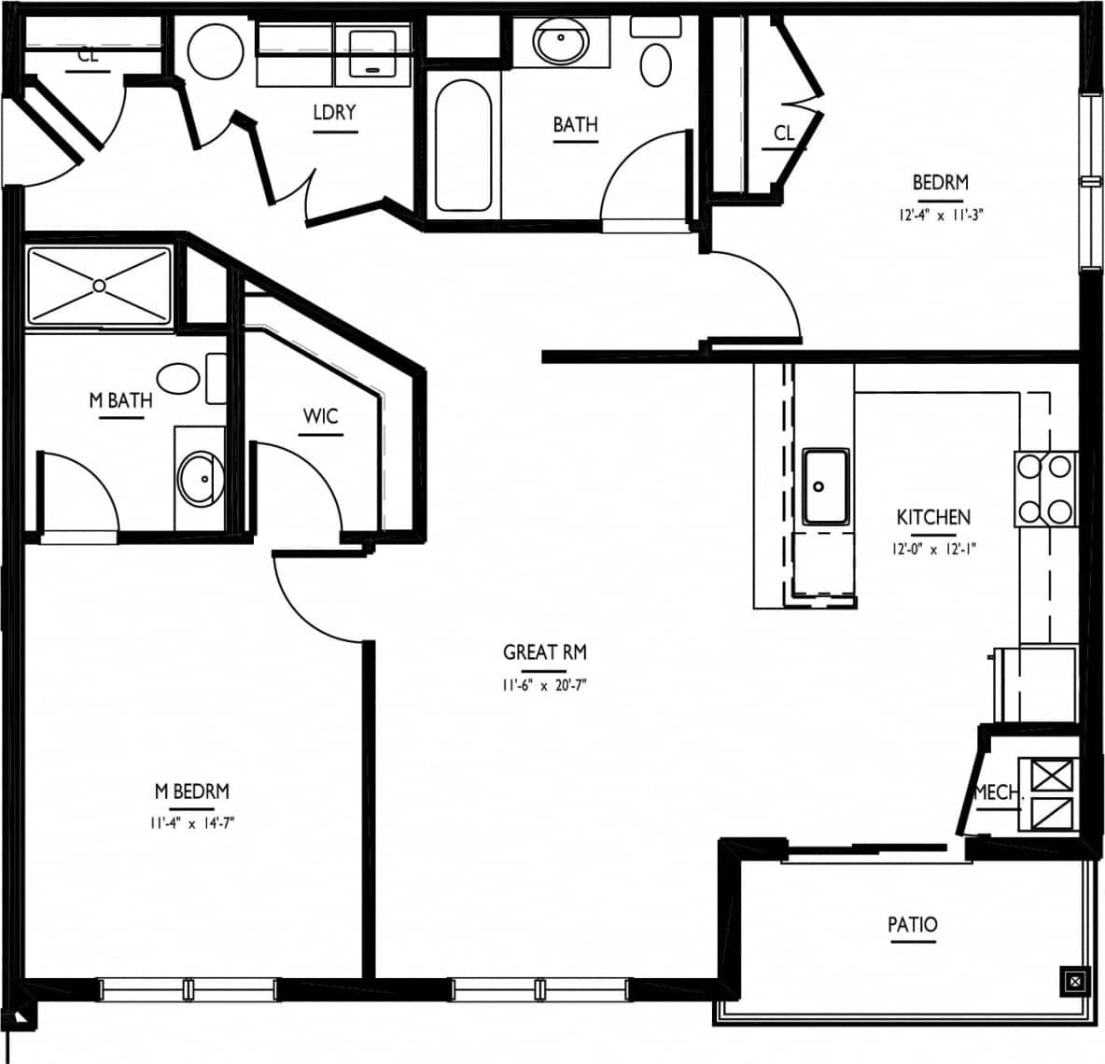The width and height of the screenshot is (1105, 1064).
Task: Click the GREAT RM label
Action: pyautogui.click(x=544, y=651)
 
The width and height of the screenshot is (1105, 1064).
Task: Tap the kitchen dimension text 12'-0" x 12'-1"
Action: pyautogui.click(x=933, y=550)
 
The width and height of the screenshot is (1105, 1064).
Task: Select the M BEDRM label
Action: pyautogui.click(x=191, y=791)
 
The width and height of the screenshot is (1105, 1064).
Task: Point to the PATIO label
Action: pyautogui.click(x=912, y=924)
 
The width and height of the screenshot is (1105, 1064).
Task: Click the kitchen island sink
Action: pyautogui.click(x=825, y=486)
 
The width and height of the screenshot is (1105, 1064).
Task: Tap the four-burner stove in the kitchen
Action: pyautogui.click(x=1045, y=488)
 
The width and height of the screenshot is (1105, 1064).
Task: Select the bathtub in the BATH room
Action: pyautogui.click(x=463, y=146)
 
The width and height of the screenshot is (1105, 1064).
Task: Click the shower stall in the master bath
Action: pyautogui.click(x=99, y=286)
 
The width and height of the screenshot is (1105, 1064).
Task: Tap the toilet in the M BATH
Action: pyautogui.click(x=179, y=378)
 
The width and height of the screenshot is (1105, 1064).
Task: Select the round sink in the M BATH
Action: pyautogui.click(x=200, y=478)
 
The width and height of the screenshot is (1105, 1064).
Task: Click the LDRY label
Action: pyautogui.click(x=334, y=112)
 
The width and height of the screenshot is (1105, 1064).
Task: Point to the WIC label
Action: pyautogui.click(x=320, y=415)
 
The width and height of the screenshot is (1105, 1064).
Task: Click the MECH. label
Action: pyautogui.click(x=997, y=792)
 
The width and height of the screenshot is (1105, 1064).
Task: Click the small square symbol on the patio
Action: pyautogui.click(x=1075, y=981)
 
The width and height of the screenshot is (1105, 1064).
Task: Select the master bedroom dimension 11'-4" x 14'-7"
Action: pyautogui.click(x=191, y=823)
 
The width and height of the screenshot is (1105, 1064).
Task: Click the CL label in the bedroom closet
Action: pyautogui.click(x=784, y=133)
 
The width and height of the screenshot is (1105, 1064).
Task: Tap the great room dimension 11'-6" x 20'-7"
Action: pyautogui.click(x=544, y=685)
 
